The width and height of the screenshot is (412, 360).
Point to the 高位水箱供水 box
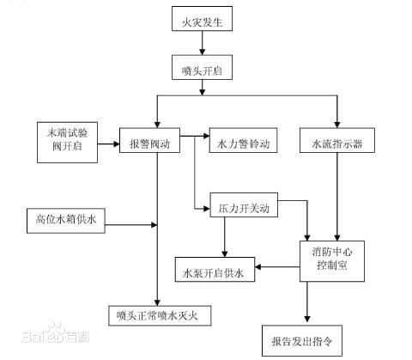point(65,221)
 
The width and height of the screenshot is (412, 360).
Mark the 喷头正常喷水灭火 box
point(160,315)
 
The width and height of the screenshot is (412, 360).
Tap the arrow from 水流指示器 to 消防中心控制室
point(337,198)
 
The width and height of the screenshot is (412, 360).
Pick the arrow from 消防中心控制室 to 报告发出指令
point(306,303)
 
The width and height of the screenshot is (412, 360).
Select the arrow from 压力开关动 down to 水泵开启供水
point(224,237)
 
